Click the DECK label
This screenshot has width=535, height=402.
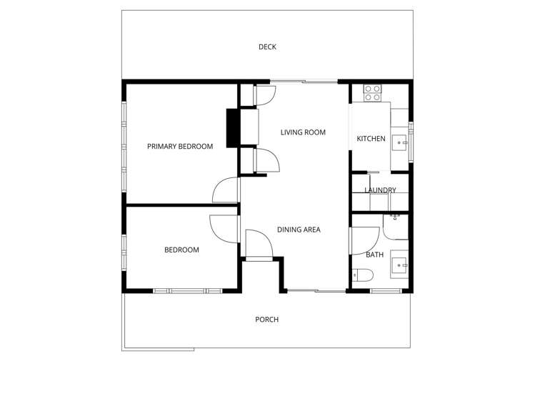[267, 47]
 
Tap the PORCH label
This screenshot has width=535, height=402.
[266, 319]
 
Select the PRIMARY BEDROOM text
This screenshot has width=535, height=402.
[180, 147]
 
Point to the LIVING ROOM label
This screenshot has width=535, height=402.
[303, 132]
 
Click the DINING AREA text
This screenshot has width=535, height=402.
[299, 230]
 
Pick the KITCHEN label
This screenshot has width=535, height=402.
[371, 139]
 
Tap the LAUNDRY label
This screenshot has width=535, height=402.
[380, 190]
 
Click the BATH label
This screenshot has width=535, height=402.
[374, 255]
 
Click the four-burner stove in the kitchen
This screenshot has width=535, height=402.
[373, 92]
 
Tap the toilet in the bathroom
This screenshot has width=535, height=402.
[361, 275]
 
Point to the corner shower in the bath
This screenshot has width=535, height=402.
[395, 226]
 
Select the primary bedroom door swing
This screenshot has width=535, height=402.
[225, 191]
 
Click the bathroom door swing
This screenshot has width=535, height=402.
[365, 240]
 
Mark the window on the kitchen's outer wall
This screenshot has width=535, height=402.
[411, 139]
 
